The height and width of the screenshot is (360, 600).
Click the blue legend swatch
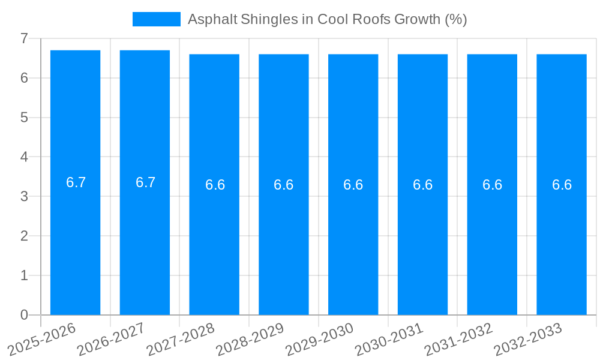coord(156,19)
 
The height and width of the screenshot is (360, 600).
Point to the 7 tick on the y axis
coord(24,38)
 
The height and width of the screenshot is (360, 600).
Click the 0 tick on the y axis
coord(24,315)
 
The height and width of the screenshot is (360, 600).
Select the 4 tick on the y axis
coord(24,157)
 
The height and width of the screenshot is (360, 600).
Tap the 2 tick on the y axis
coord(24,236)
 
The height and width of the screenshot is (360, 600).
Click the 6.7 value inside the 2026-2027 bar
coord(145,182)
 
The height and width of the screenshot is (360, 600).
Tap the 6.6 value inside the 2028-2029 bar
coord(283,185)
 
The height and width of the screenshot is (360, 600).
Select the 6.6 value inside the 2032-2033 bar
coord(562,185)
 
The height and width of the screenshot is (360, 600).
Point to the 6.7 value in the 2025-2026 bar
coord(76,182)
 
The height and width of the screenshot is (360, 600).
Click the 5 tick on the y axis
coord(24,118)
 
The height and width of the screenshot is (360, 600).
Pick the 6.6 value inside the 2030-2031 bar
coord(422,185)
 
